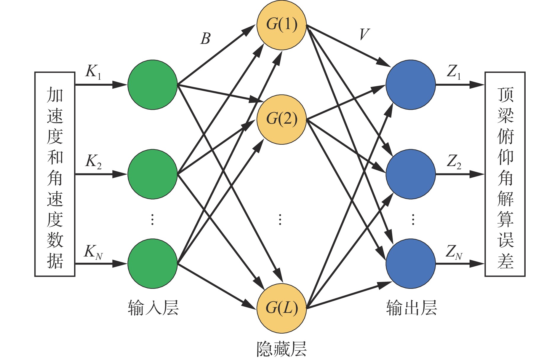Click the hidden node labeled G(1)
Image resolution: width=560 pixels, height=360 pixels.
[281, 25]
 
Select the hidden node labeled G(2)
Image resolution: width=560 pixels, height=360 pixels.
[281, 120]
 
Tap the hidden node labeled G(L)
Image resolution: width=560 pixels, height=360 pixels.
[281, 308]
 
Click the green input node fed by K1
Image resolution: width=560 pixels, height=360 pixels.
[153, 85]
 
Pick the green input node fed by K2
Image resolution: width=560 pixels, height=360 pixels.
[153, 174]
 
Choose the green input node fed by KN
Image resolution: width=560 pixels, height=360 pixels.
[153, 263]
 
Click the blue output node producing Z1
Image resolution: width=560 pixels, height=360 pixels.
[411, 85]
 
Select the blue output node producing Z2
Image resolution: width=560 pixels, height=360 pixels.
[411, 174]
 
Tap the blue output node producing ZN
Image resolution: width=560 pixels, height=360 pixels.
[411, 263]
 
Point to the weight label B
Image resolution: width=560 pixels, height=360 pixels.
[205, 39]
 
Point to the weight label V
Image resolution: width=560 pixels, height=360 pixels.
[364, 34]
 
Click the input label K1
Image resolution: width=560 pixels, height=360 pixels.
[93, 72]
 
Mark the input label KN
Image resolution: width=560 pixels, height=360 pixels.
[93, 252]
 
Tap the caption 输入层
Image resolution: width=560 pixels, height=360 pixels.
[153, 308]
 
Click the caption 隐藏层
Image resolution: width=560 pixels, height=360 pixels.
[281, 349]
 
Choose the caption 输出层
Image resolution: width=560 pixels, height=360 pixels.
[412, 308]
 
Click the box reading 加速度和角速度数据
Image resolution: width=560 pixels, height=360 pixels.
[55, 174]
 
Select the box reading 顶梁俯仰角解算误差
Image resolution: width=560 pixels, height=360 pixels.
[505, 174]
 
